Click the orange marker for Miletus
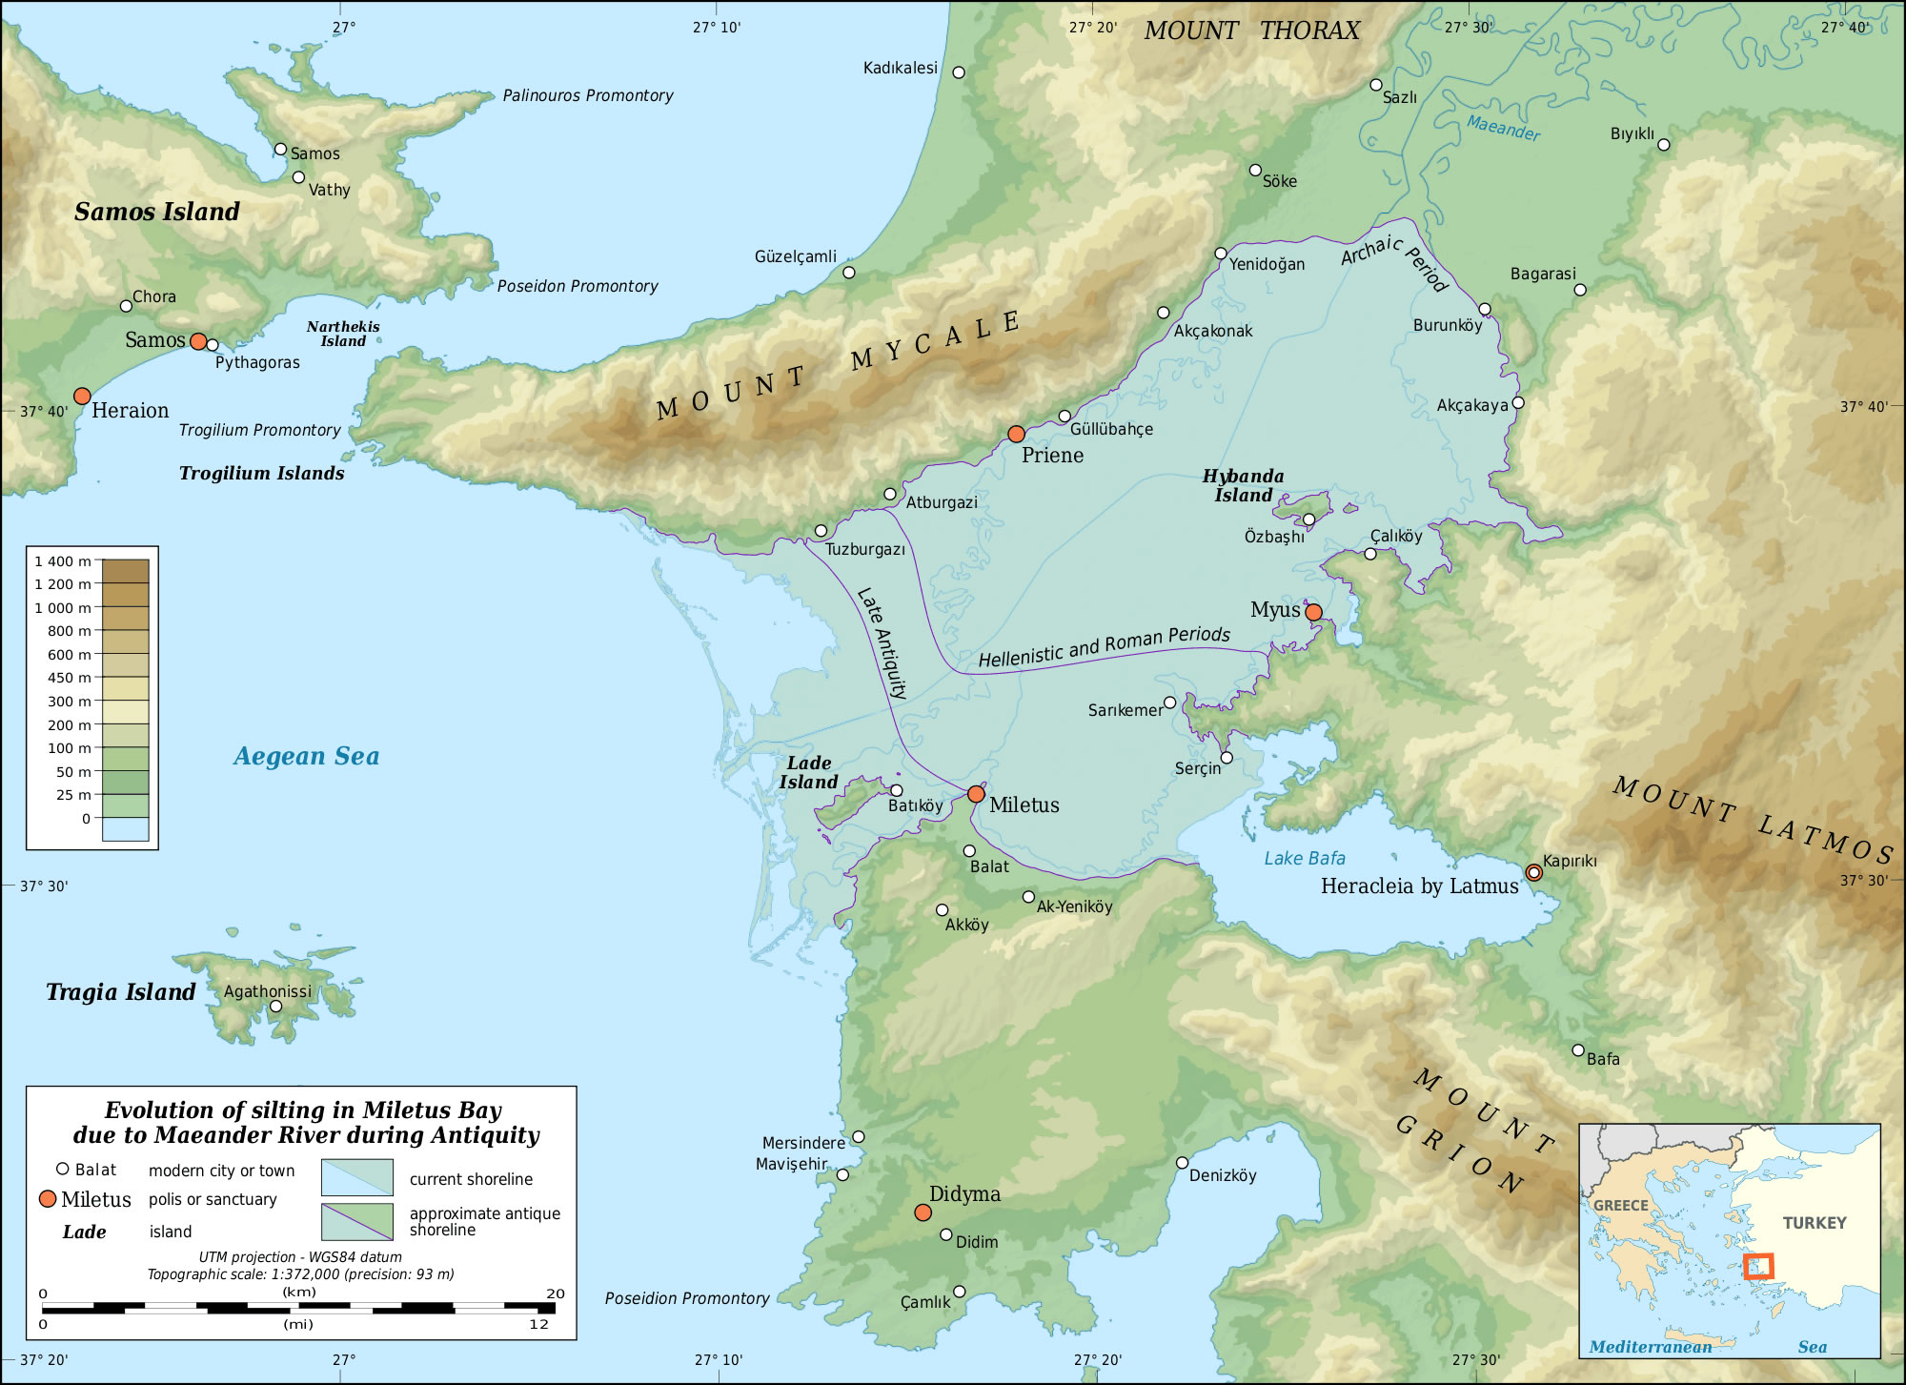976,794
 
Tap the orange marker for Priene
1017,434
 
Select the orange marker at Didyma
923,1212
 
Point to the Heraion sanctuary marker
82,396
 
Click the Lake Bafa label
1305,858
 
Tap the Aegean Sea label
306,756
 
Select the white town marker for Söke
1255,170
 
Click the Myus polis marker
1313,612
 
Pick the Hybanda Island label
1243,485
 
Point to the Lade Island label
808,772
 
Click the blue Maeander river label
1503,127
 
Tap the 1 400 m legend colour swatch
125,570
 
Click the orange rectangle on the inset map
1757,1266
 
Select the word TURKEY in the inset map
1815,1223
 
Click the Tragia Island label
121,992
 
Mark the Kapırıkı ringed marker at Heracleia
1533,872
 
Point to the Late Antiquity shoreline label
882,643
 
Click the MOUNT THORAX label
1251,31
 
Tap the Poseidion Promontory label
686,1298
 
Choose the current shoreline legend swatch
356,1177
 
